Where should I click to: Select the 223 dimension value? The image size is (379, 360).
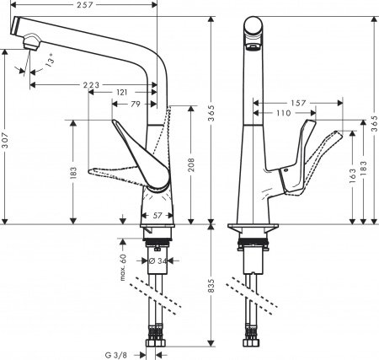[x=94, y=84]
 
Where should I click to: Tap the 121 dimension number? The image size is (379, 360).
[x=121, y=93]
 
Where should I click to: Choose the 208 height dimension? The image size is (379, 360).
[x=193, y=163]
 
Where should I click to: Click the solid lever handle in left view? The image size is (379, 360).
[x=137, y=148]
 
